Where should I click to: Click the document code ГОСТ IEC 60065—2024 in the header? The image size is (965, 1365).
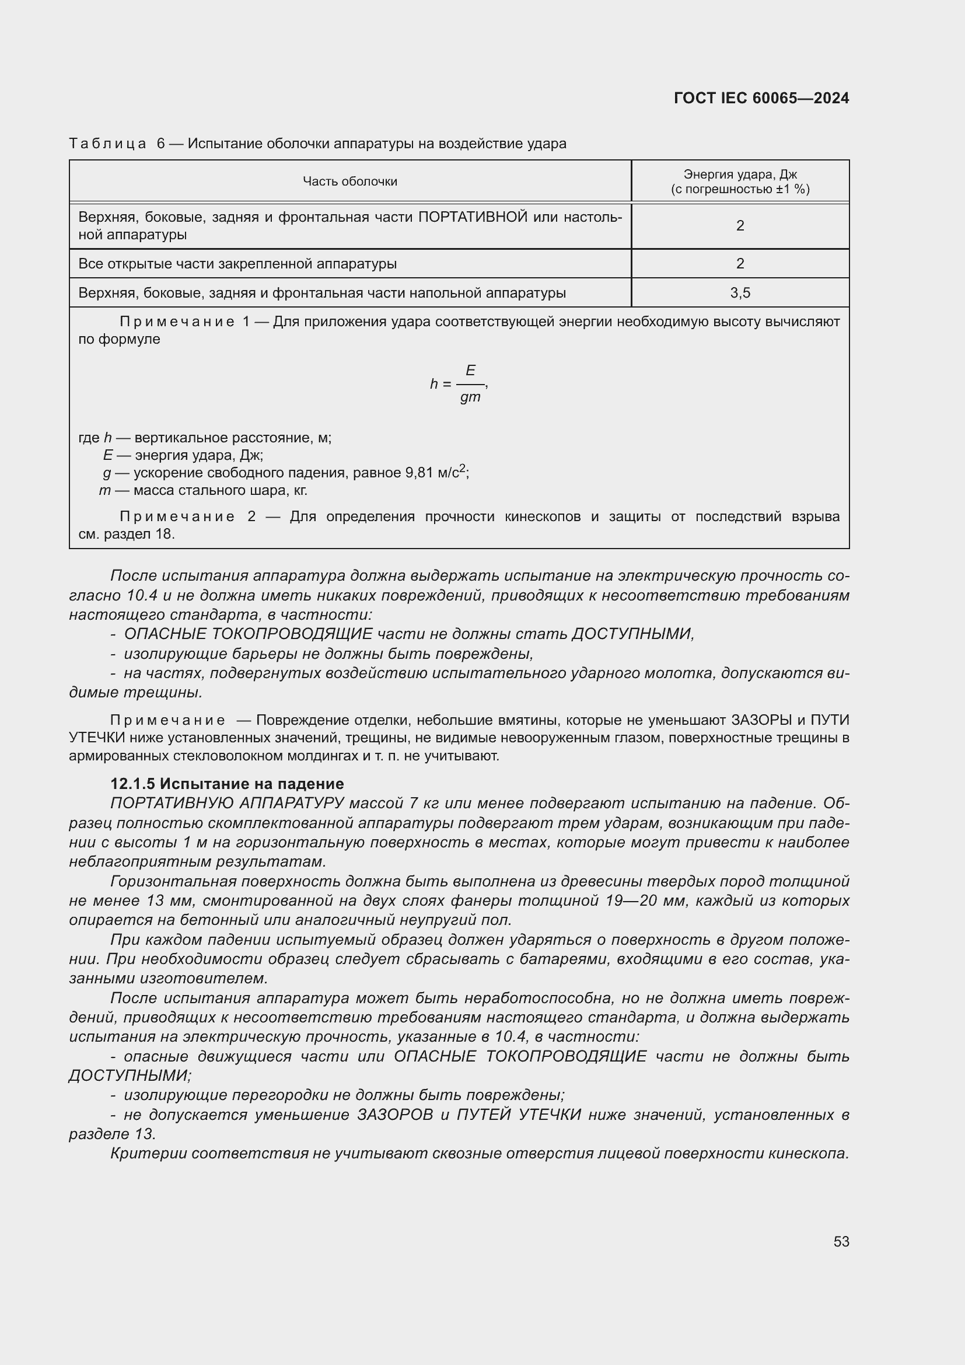click(761, 98)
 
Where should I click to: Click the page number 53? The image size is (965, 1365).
click(841, 1241)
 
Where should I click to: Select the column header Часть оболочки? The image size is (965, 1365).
click(349, 181)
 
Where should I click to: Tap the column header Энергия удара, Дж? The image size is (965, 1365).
click(740, 174)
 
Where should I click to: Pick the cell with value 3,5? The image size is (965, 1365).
click(740, 292)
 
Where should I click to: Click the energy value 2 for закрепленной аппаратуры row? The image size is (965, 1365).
click(740, 263)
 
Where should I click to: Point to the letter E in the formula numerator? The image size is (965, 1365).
click(470, 371)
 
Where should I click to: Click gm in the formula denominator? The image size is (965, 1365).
click(470, 397)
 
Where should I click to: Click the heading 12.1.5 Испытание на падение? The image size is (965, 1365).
click(227, 784)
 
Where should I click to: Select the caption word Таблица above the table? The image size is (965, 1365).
click(107, 144)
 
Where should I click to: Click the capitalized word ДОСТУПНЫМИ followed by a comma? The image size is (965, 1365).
click(632, 634)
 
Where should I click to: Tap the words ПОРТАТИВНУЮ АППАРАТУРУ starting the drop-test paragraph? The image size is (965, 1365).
click(227, 803)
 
